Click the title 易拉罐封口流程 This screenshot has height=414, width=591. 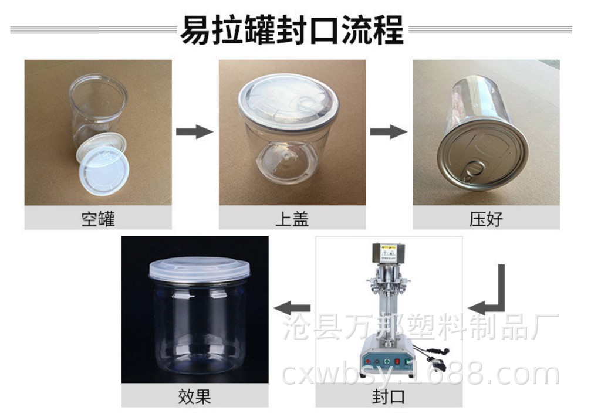292,30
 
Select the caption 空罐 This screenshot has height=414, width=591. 98,219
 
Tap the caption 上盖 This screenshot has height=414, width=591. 292,219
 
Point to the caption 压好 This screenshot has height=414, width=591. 486,219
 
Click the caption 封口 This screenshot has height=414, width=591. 389,396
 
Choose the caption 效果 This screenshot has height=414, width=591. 194,396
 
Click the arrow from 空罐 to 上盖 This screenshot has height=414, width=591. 195,131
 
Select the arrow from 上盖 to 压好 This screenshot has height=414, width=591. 389,131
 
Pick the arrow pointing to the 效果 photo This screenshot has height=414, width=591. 292,308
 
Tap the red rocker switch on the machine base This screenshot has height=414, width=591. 397,362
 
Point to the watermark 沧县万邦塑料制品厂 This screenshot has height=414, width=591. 420,327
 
